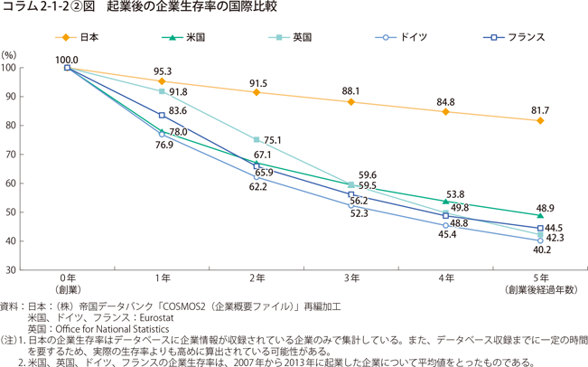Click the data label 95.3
click(163, 70)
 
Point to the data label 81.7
click(540, 109)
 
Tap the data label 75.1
click(273, 140)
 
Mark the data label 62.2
click(257, 186)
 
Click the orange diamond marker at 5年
click(540, 121)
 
